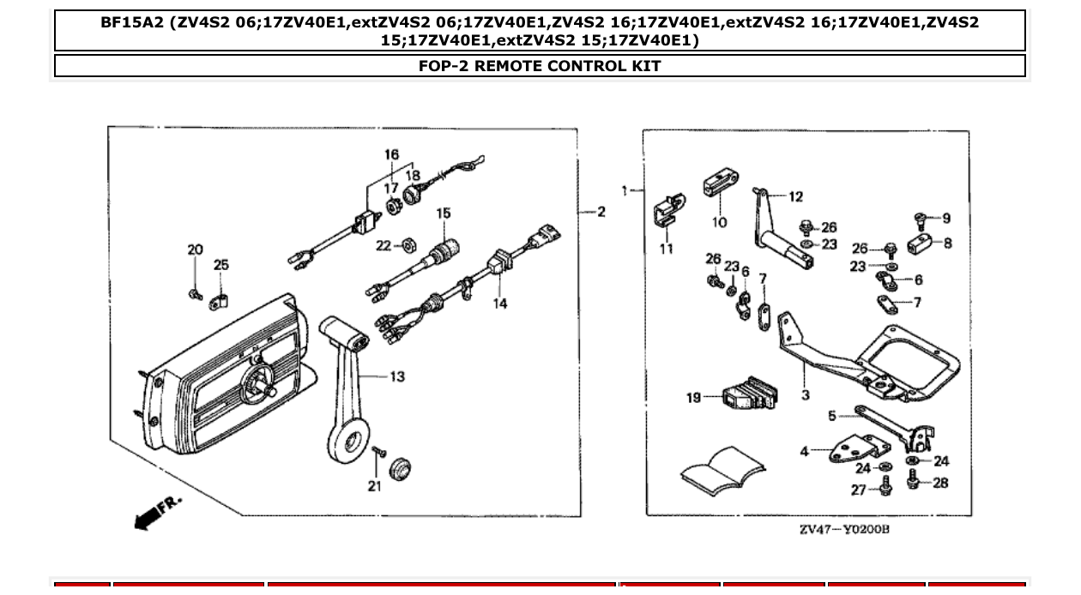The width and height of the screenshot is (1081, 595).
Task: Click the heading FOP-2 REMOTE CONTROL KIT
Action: (540, 66)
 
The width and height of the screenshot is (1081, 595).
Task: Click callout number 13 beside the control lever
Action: (396, 376)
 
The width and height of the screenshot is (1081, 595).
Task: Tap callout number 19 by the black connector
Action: (693, 397)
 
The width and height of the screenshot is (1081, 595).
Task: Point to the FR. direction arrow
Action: (159, 511)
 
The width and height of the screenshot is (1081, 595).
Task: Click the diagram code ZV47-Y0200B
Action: (844, 530)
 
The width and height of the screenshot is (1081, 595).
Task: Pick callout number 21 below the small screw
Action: (374, 487)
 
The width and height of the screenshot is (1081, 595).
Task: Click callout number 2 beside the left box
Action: (601, 212)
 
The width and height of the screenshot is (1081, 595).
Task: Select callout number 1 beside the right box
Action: (625, 190)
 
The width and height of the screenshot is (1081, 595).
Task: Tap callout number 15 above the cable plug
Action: (443, 213)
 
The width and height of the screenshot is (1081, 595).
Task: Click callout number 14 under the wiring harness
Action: (499, 303)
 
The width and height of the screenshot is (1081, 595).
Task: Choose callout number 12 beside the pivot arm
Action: (795, 197)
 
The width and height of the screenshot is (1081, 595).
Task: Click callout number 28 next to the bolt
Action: (940, 483)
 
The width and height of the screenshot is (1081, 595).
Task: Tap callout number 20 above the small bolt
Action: (196, 249)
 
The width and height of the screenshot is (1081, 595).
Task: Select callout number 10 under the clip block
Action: (719, 222)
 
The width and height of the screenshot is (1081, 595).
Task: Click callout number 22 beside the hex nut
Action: (383, 246)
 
